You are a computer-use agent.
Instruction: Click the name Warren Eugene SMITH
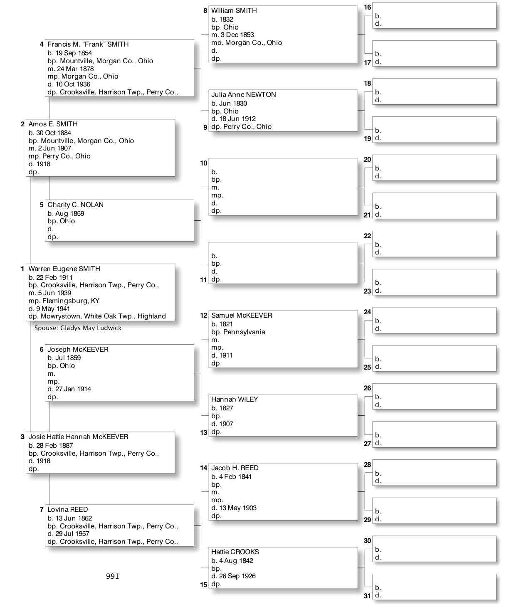click(64, 269)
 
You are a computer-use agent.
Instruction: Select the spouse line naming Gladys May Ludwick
click(78, 328)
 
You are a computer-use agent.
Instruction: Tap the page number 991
click(112, 576)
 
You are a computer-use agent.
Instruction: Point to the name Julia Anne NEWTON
click(243, 95)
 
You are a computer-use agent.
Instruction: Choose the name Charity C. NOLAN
click(75, 205)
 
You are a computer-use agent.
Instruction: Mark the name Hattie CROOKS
click(235, 552)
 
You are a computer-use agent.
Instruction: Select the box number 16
click(367, 7)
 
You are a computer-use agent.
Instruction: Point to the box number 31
click(367, 596)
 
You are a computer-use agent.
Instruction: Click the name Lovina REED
click(67, 510)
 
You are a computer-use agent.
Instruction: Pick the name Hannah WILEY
click(235, 400)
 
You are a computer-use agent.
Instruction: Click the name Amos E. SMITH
click(53, 124)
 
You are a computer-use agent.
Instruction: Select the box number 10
click(203, 163)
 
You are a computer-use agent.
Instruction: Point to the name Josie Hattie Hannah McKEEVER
click(78, 437)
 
